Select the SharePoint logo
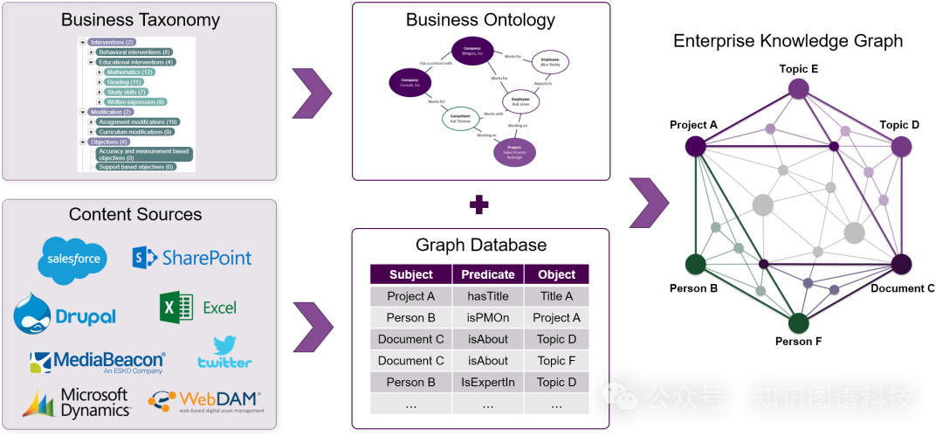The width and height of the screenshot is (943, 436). (x=192, y=257)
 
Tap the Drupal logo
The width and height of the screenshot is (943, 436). (x=65, y=315)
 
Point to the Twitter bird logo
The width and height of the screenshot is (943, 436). (x=225, y=351)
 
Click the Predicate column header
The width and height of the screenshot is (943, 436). (x=488, y=274)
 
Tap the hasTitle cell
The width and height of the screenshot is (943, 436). (x=488, y=296)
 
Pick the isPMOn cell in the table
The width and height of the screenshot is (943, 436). (x=488, y=317)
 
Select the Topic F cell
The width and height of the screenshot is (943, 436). (x=556, y=360)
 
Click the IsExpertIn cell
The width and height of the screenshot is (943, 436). (x=488, y=382)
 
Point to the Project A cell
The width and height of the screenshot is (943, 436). (x=411, y=296)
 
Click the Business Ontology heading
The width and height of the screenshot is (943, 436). (x=480, y=19)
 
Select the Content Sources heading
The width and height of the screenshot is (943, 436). (x=135, y=214)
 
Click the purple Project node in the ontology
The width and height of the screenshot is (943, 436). (x=514, y=152)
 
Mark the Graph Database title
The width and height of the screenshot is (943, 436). (x=481, y=245)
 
